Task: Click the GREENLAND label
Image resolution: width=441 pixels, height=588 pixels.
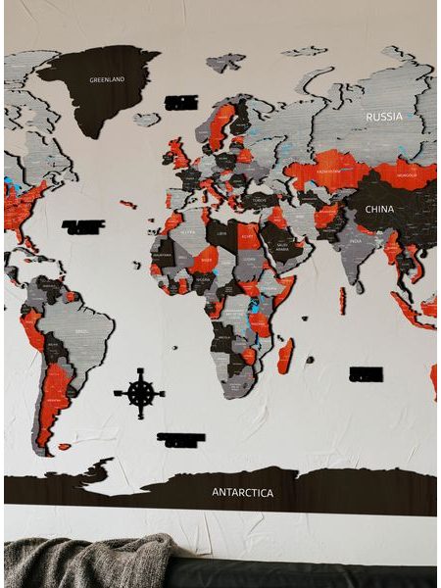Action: [107, 79]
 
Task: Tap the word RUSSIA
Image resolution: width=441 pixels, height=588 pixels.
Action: [383, 117]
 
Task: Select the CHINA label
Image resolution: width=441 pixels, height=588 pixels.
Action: [379, 209]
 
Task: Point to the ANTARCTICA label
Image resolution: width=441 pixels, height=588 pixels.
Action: [243, 492]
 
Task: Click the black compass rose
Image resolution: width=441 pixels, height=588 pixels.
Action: [140, 393]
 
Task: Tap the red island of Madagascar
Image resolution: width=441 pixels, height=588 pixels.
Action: [285, 356]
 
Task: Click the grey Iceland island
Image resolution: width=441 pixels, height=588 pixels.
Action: [146, 120]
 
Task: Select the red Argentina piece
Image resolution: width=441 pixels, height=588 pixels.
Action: [55, 392]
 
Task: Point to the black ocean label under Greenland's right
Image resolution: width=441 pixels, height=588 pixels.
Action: [181, 102]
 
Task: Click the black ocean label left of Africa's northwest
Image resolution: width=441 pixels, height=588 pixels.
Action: [83, 227]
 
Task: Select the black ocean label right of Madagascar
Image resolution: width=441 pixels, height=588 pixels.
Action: [366, 373]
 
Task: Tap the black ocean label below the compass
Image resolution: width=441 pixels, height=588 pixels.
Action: [181, 440]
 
